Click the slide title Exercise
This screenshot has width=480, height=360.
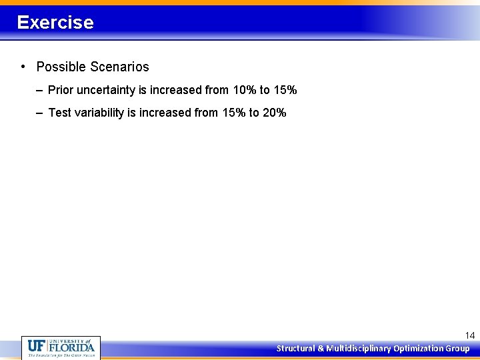(55, 23)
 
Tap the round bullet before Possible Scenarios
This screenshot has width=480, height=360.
(23, 67)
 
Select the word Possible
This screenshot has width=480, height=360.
(61, 67)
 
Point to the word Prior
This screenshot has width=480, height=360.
(61, 90)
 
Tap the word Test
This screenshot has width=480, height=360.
(59, 113)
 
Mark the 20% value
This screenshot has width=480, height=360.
(274, 113)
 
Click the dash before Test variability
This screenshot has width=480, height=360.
(40, 113)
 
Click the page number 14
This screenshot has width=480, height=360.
(469, 335)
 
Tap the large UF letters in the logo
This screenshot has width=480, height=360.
(37, 347)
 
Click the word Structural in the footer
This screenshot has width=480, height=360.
(296, 349)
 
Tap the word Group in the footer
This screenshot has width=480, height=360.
(457, 349)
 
